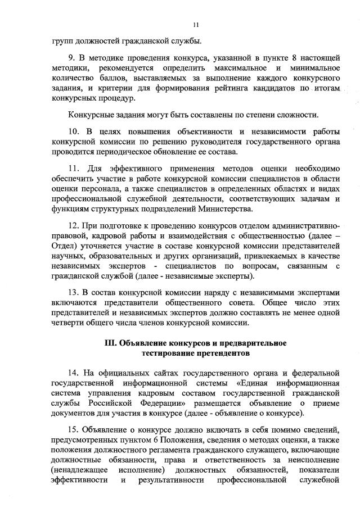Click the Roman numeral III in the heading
click(x=111, y=343)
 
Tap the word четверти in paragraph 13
click(x=67, y=323)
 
